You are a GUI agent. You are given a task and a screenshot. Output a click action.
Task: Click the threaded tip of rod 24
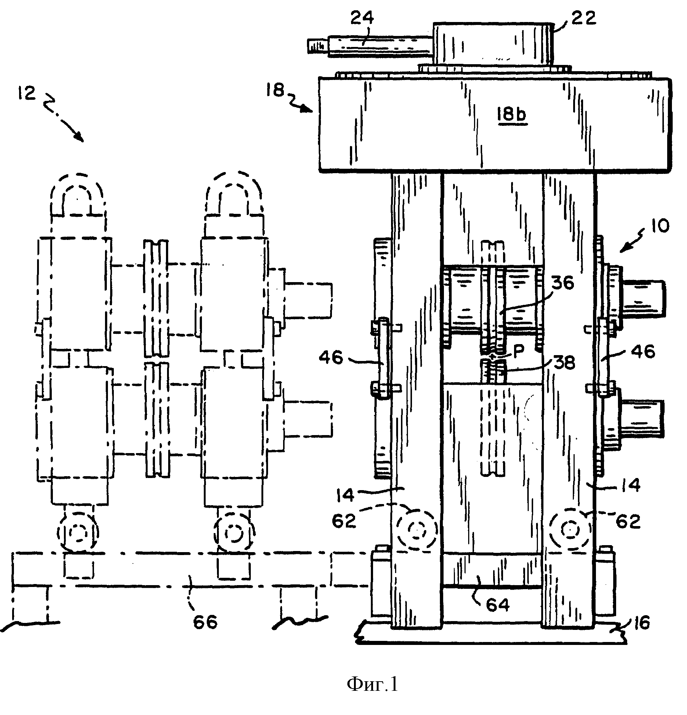[x=317, y=46]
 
